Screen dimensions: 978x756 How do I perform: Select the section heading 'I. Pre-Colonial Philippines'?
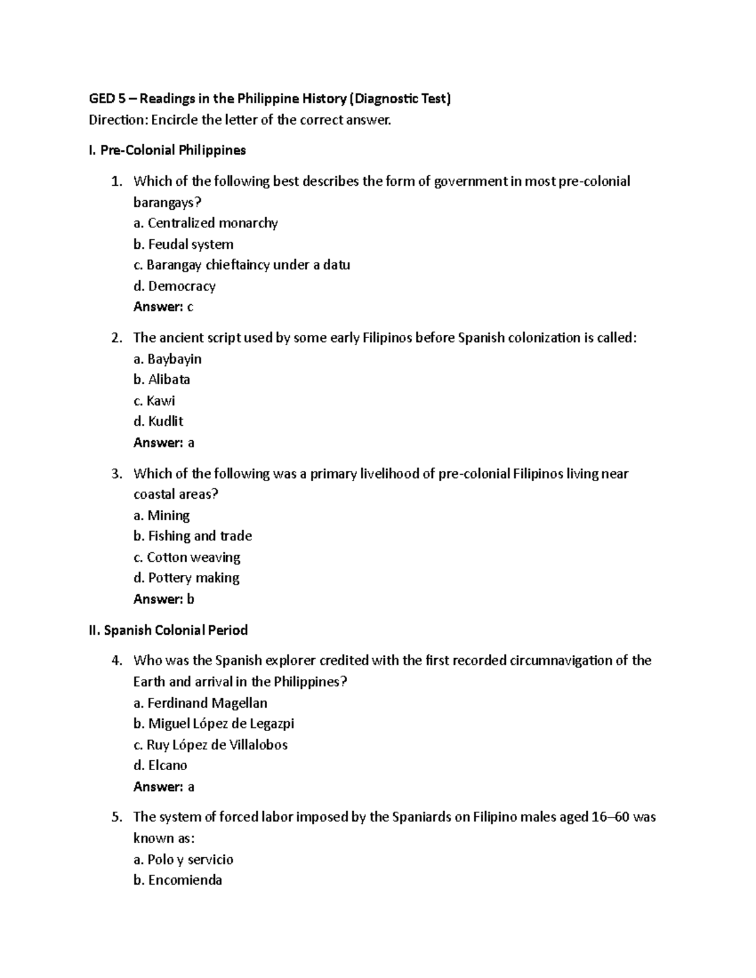coord(167,151)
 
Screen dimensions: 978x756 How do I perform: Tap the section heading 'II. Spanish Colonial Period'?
coord(168,630)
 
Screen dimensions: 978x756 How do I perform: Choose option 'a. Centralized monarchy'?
coord(205,223)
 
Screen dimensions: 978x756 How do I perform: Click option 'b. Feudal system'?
coord(183,244)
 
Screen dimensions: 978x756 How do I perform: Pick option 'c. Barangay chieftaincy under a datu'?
coord(241,265)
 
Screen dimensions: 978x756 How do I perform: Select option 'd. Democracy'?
coord(175,286)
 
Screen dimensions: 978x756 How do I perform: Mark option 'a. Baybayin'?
coord(168,359)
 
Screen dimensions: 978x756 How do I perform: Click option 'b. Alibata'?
coord(162,380)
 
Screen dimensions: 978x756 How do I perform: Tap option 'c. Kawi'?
coord(154,401)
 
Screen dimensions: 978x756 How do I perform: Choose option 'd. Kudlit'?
coord(158,421)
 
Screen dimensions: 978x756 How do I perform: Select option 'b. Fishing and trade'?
coord(193,536)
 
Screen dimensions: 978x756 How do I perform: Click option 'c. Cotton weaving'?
coord(187,557)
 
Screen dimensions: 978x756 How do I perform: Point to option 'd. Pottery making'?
coord(186,578)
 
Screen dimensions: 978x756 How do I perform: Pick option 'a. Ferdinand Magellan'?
coord(200,703)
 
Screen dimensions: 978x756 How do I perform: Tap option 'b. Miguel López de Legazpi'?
coord(214,724)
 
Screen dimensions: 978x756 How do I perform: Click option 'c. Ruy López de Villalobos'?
coord(210,745)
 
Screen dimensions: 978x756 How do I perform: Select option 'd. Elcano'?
coord(160,766)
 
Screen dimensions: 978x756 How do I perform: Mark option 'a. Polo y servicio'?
coord(183,860)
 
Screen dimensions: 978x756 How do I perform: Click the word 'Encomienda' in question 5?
coord(185,880)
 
